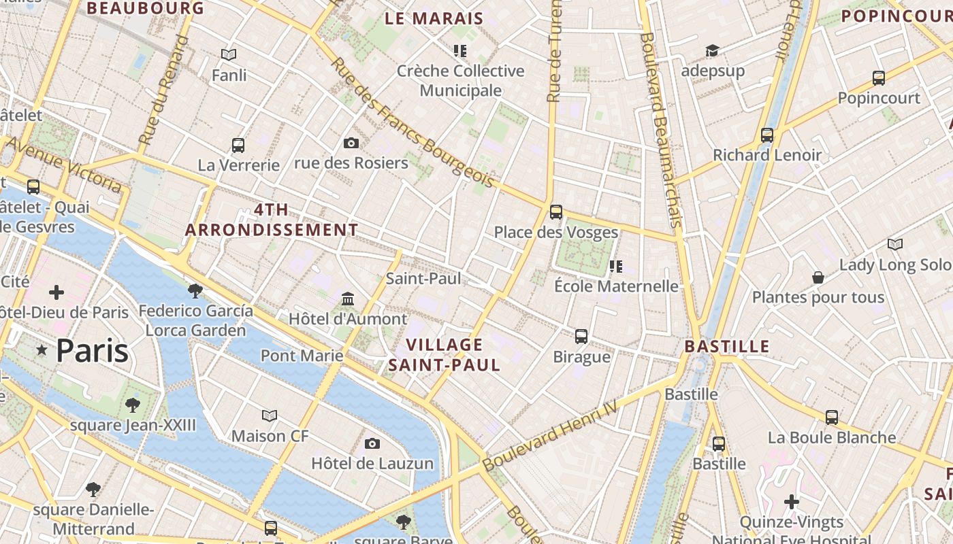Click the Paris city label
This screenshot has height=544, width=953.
pyautogui.click(x=92, y=351)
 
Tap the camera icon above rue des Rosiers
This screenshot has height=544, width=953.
pyautogui.click(x=351, y=143)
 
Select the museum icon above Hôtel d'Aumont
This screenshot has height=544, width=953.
pyautogui.click(x=348, y=299)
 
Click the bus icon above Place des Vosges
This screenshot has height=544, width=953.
pyautogui.click(x=556, y=212)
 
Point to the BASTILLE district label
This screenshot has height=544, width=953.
pyautogui.click(x=727, y=347)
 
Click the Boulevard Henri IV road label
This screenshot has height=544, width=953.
pyautogui.click(x=550, y=435)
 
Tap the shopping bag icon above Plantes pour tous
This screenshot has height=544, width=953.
pyautogui.click(x=818, y=277)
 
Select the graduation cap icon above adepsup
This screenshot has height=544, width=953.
pyautogui.click(x=712, y=51)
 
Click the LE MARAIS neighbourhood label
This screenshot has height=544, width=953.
pyautogui.click(x=434, y=19)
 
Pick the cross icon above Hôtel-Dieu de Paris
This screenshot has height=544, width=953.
pyautogui.click(x=56, y=293)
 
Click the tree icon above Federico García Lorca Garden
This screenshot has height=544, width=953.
pyautogui.click(x=195, y=291)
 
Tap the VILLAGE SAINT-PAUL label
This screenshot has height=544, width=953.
pyautogui.click(x=445, y=355)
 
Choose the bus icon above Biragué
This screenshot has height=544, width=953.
pyautogui.click(x=581, y=337)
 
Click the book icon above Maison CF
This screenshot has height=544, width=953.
pyautogui.click(x=270, y=415)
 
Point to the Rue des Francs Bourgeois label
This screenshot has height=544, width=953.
pyautogui.click(x=413, y=122)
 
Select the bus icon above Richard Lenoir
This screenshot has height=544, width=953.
pyautogui.click(x=767, y=135)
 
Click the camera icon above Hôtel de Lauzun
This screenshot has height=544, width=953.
pyautogui.click(x=372, y=444)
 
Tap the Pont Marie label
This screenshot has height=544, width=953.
pyautogui.click(x=302, y=356)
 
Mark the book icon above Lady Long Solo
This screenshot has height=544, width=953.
pyautogui.click(x=895, y=244)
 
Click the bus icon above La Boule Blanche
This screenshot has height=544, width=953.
pyautogui.click(x=832, y=418)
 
